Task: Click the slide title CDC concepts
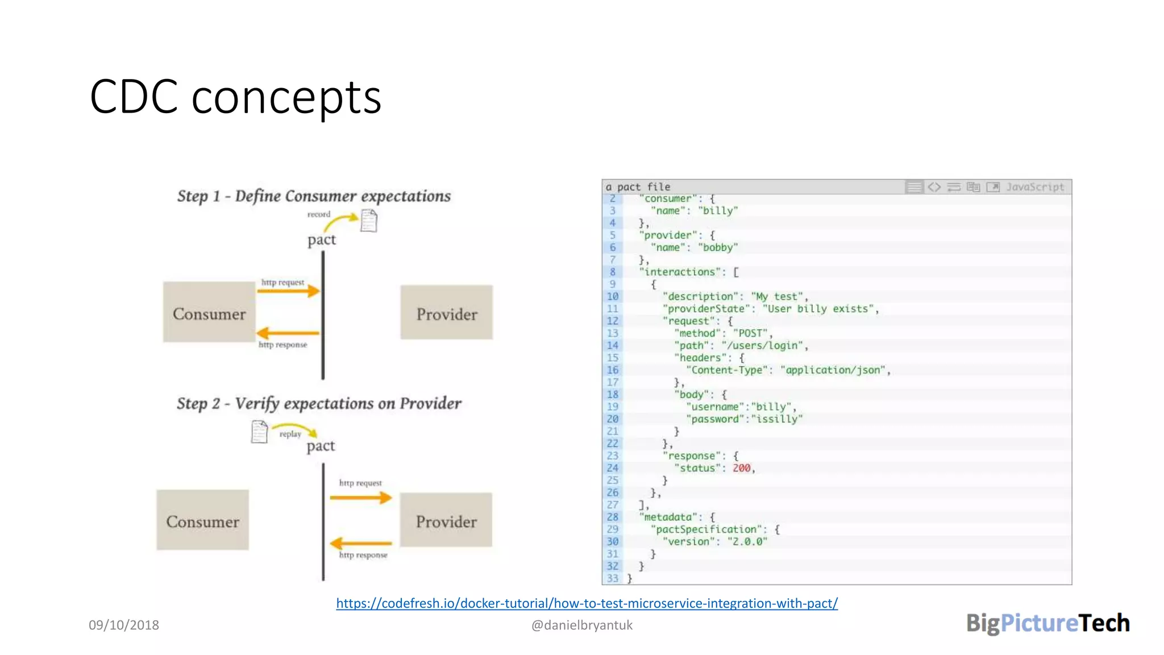tap(235, 97)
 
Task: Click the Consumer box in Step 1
tap(209, 312)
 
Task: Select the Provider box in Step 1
tap(446, 313)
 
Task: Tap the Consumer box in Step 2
tap(203, 520)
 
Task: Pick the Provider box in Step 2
tap(446, 520)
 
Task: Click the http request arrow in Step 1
tap(289, 291)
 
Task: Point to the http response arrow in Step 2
tap(361, 544)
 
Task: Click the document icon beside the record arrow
tap(369, 221)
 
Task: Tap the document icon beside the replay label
tap(259, 432)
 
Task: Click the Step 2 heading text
tap(318, 404)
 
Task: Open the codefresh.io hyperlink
tap(587, 603)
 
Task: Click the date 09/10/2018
tap(124, 625)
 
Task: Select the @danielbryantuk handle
tap(581, 625)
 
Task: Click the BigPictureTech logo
tap(1047, 623)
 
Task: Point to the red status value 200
tap(741, 468)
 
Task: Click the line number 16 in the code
tap(612, 370)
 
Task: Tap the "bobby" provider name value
tap(718, 247)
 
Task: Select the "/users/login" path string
tap(763, 346)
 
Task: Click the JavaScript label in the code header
tap(1035, 187)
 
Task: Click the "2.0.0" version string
tap(747, 541)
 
